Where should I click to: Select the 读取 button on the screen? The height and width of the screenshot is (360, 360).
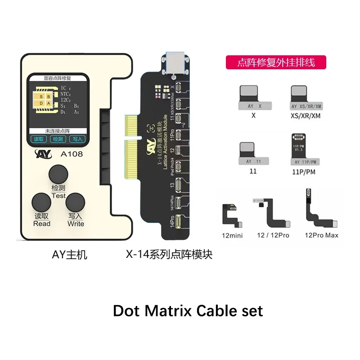click(x=38, y=139)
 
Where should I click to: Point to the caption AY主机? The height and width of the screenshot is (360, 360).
click(x=69, y=255)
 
